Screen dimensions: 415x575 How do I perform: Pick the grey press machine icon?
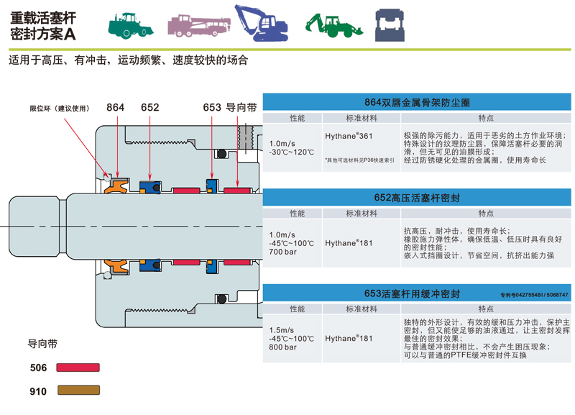click(x=389, y=24)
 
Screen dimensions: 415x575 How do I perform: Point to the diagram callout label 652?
click(x=149, y=107)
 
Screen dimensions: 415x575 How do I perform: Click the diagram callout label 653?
click(x=212, y=107)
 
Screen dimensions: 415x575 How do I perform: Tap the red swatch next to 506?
click(x=78, y=368)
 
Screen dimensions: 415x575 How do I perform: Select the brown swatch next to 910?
click(x=78, y=391)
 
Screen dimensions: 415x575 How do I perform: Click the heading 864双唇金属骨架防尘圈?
click(x=416, y=102)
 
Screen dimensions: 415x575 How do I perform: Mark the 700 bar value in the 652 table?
click(x=282, y=253)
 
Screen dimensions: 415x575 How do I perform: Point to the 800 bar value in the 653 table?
click(x=282, y=347)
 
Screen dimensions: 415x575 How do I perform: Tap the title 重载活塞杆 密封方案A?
click(x=44, y=24)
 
